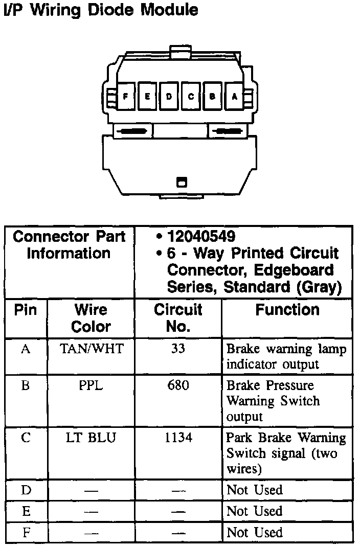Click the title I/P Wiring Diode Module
[100, 10]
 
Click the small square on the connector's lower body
[181, 181]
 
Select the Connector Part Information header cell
[69, 245]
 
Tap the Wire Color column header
[91, 318]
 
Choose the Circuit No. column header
[178, 318]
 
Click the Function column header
[287, 310]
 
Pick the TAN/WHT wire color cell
[92, 349]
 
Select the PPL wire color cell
[91, 385]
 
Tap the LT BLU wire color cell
[91, 438]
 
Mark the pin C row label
[26, 438]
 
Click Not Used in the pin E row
[254, 511]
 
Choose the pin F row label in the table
[26, 533]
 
